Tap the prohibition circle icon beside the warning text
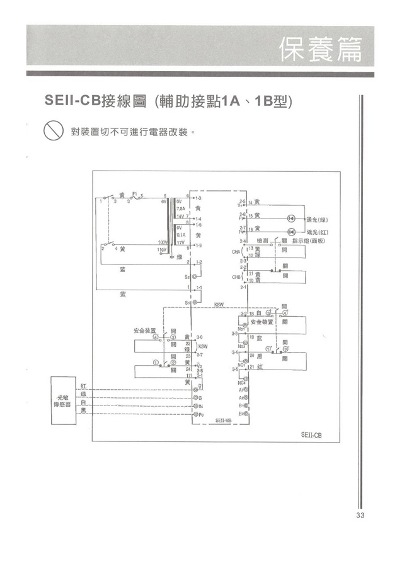(50, 133)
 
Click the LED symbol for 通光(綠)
(291, 218)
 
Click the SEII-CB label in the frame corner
(311, 434)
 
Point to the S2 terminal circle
(195, 277)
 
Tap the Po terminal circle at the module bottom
(195, 416)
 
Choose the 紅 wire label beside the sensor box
(84, 385)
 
